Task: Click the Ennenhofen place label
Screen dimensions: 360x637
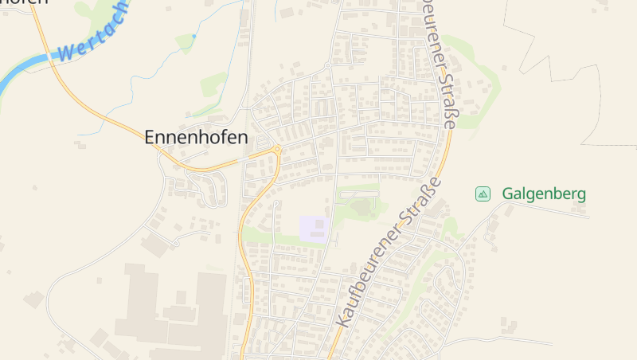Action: pos(196,137)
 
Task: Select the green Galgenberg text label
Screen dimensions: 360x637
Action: pos(544,194)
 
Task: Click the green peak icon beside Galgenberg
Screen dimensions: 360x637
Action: pos(483,194)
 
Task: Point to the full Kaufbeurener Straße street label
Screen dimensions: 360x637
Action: pos(389,251)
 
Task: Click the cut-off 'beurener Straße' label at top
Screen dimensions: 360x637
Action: pos(442,64)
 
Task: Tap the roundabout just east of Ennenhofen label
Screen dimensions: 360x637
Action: pos(277,148)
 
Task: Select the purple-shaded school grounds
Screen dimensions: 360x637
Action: pos(315,228)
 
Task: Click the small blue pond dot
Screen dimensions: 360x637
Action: pos(194,37)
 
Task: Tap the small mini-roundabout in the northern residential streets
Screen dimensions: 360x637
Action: pos(327,65)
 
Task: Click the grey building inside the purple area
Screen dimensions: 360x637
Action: pos(319,224)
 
